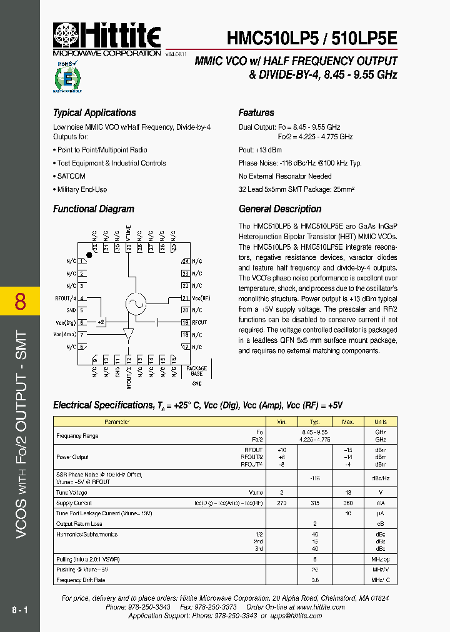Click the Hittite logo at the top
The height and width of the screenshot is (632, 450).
107,36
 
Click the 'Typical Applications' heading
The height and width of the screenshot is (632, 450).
94,113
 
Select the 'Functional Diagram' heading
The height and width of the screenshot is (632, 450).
94,209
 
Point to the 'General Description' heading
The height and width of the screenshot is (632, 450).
280,209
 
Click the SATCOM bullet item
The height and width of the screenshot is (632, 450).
71,176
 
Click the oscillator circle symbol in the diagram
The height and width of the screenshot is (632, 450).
136,303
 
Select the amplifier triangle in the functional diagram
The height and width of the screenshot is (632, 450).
129,335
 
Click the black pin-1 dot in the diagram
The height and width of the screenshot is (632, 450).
89,255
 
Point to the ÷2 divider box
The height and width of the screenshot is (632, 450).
101,322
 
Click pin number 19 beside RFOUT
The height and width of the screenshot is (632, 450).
185,322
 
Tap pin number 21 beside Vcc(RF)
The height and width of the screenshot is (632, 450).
185,298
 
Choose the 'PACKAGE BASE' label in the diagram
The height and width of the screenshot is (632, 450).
197,371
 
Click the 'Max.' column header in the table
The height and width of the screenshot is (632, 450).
348,422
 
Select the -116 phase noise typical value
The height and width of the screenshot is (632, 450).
315,478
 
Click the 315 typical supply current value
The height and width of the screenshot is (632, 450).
315,503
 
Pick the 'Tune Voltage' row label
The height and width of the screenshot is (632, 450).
72,492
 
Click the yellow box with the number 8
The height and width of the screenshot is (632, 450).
20,301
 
